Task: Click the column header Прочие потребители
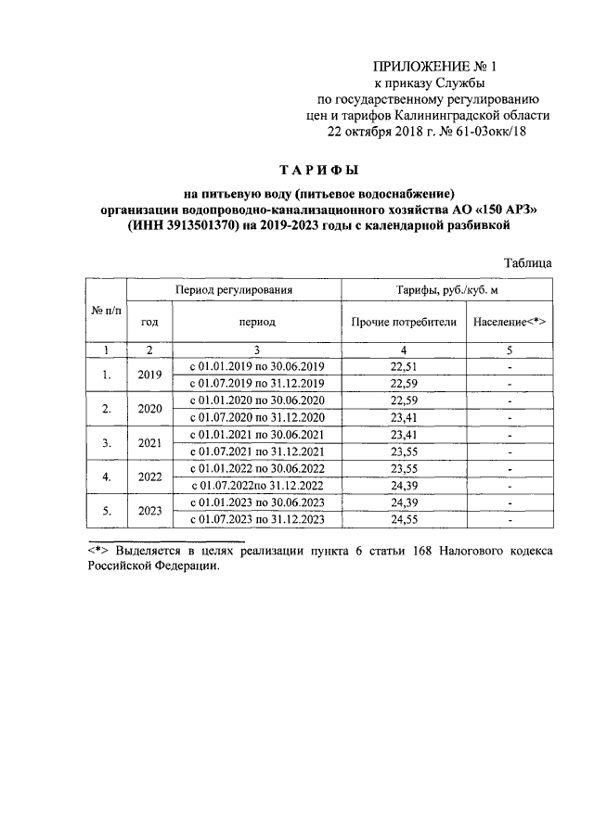click(x=404, y=322)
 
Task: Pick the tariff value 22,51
click(x=404, y=366)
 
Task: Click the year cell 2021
click(x=149, y=443)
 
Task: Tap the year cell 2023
click(x=149, y=511)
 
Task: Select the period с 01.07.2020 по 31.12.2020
click(x=256, y=417)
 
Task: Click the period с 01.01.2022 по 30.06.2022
click(x=256, y=468)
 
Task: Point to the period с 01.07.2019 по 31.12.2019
click(x=256, y=384)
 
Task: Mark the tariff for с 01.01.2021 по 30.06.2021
click(x=404, y=434)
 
